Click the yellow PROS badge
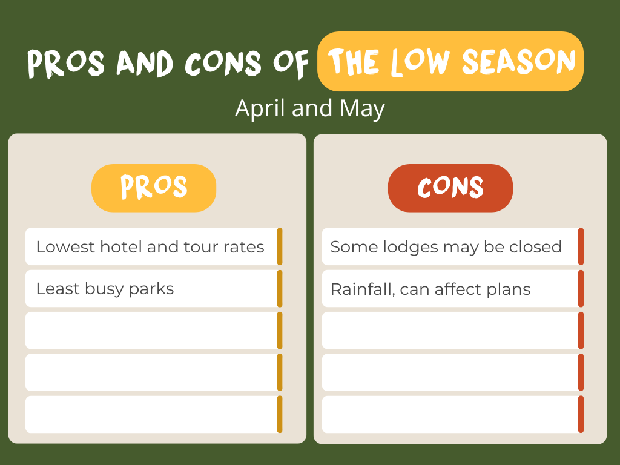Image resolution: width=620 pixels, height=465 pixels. click(x=154, y=188)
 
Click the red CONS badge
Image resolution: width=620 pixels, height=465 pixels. click(x=450, y=188)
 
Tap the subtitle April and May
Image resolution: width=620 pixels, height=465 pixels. click(x=309, y=108)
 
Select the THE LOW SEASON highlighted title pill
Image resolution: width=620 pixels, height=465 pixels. click(x=450, y=61)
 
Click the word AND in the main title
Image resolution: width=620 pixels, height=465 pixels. click(x=145, y=63)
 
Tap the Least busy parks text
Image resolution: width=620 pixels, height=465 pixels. click(x=105, y=289)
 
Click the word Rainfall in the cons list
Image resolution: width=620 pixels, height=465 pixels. click(x=363, y=289)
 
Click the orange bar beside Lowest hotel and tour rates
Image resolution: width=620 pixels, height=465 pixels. click(x=280, y=246)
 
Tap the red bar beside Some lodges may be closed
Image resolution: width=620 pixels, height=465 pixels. click(x=581, y=246)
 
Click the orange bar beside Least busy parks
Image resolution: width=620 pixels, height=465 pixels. click(x=280, y=289)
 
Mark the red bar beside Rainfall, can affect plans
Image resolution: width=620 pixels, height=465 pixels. click(x=581, y=289)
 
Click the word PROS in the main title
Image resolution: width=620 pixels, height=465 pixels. click(x=66, y=63)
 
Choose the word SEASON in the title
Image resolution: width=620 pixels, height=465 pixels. click(x=519, y=61)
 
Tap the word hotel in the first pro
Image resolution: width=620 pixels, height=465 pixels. click(x=121, y=247)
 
